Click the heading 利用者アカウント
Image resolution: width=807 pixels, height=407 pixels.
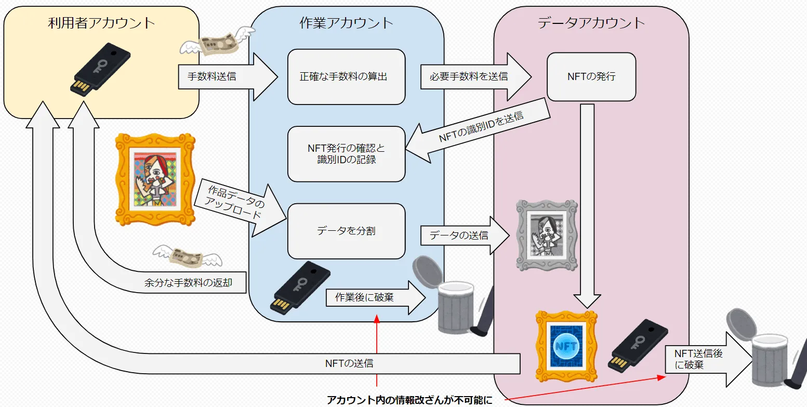[101, 23]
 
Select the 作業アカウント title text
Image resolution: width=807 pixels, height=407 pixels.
[346, 23]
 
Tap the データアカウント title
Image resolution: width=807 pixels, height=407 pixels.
[591, 23]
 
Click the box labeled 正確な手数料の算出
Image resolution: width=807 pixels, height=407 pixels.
[346, 76]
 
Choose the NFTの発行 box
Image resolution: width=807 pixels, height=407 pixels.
[591, 76]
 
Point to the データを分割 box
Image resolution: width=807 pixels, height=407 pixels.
[346, 231]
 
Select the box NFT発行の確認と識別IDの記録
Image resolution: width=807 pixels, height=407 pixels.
[346, 154]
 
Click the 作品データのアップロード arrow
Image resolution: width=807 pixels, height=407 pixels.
[237, 205]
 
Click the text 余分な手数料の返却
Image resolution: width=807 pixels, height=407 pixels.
[188, 283]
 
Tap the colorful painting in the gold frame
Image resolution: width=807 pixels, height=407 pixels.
[154, 180]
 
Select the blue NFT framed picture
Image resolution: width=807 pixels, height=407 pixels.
[566, 346]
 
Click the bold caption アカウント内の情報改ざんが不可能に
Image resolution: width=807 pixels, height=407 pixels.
[409, 400]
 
